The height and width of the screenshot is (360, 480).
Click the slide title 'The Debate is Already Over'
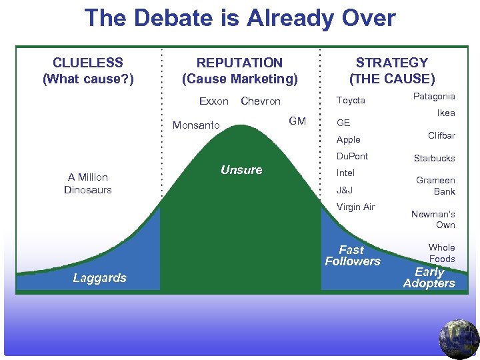(x=240, y=18)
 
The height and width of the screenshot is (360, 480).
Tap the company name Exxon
(x=214, y=101)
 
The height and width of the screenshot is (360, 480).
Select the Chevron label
(x=260, y=101)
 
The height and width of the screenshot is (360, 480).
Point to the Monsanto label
(x=196, y=125)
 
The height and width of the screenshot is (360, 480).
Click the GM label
(x=297, y=121)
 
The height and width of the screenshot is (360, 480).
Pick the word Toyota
(x=351, y=100)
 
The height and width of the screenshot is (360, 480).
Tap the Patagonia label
(x=434, y=96)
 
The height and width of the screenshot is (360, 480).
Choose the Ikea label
(x=445, y=113)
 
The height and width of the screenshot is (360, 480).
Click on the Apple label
(x=348, y=139)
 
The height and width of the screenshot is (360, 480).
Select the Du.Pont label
(x=352, y=156)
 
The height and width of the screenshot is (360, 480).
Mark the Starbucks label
(x=434, y=158)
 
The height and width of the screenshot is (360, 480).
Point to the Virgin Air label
(x=355, y=207)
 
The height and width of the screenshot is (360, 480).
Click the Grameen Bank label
(x=436, y=185)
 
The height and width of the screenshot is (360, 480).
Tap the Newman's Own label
(x=433, y=219)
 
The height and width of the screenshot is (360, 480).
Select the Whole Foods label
(x=441, y=253)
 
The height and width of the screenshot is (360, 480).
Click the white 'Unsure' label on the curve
(x=241, y=170)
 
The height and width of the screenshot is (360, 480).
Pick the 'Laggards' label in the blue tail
(x=99, y=278)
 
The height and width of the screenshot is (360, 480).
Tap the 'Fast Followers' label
(x=352, y=255)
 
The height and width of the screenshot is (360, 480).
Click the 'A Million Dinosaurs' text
(x=88, y=183)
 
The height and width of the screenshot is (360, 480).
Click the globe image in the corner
(x=459, y=339)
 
